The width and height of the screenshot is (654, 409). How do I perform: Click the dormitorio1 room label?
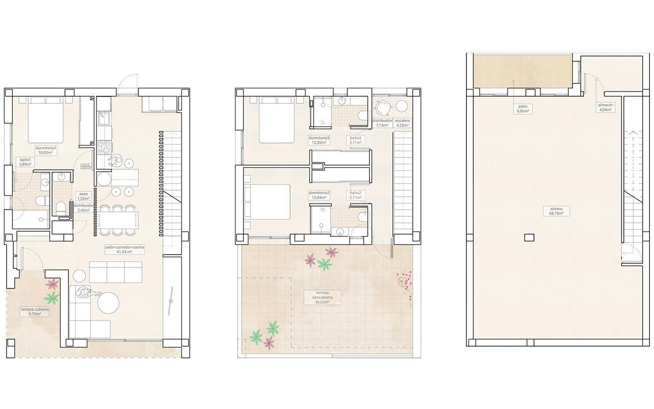coord(45,150)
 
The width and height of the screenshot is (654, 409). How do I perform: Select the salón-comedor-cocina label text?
coord(124,249)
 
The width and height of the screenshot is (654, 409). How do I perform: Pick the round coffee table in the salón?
coord(108,303)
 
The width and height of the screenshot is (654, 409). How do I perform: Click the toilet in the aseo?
coord(61,208)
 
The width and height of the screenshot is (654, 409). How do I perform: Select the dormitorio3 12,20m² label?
coord(319,141)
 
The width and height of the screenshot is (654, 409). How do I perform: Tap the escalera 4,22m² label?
coord(403,123)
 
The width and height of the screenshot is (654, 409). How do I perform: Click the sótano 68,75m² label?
coord(553,212)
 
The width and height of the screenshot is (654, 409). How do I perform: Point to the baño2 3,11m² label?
coord(356,195)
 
